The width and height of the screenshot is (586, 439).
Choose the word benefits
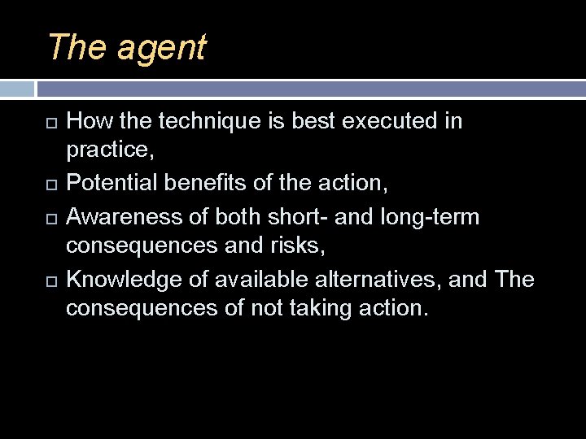coord(214,184)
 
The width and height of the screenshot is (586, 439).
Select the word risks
coord(295,247)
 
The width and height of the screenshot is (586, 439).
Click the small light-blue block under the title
coord(16,89)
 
